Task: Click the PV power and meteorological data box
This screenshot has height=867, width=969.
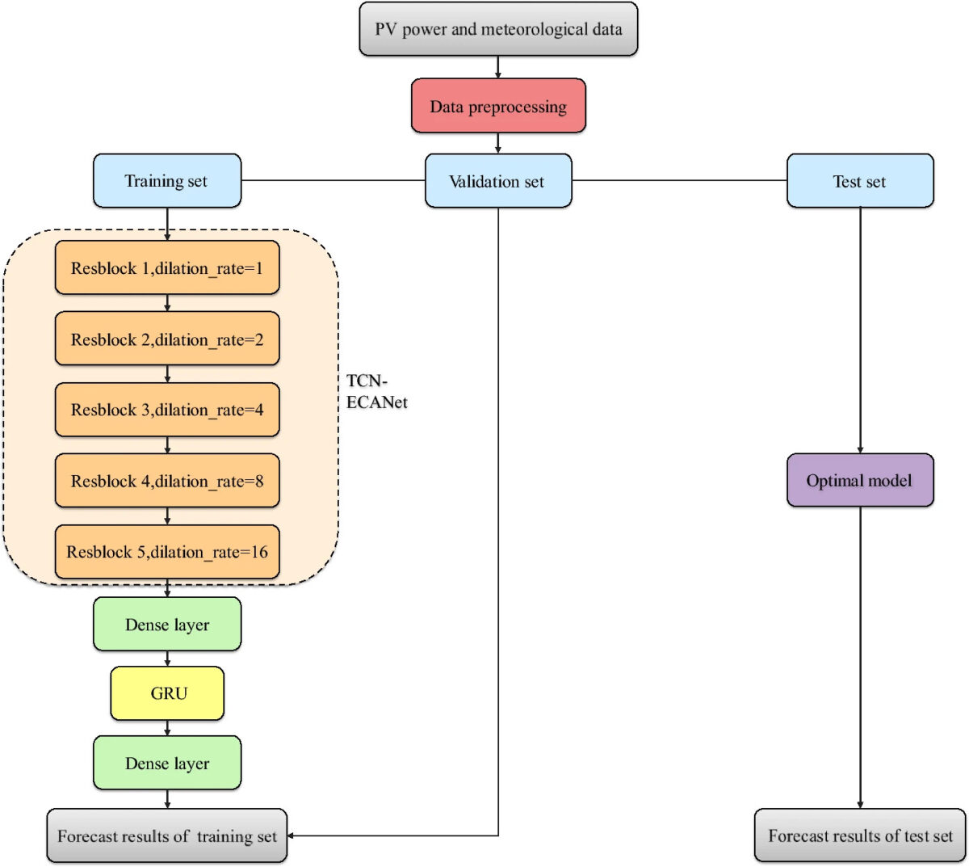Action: click(498, 30)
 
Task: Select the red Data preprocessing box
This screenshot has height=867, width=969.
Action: click(498, 106)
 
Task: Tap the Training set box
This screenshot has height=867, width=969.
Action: click(167, 181)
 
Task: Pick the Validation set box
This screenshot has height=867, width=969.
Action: click(498, 181)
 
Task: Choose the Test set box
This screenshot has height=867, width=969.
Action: click(860, 181)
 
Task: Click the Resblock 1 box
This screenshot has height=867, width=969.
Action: click(167, 267)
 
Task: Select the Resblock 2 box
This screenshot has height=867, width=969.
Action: click(167, 339)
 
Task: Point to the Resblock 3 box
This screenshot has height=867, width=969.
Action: click(167, 410)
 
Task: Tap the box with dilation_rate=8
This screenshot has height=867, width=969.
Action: click(167, 481)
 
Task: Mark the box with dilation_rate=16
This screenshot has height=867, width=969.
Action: click(167, 552)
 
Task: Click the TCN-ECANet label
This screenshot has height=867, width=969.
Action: click(376, 391)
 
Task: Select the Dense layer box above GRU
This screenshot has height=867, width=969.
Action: click(167, 625)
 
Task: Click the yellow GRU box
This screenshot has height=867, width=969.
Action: click(167, 693)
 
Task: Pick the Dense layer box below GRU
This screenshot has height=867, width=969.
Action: click(167, 763)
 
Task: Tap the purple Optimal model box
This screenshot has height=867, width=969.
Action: click(860, 481)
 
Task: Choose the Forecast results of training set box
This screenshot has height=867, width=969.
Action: click(167, 836)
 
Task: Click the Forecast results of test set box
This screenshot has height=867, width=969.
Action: click(860, 836)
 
